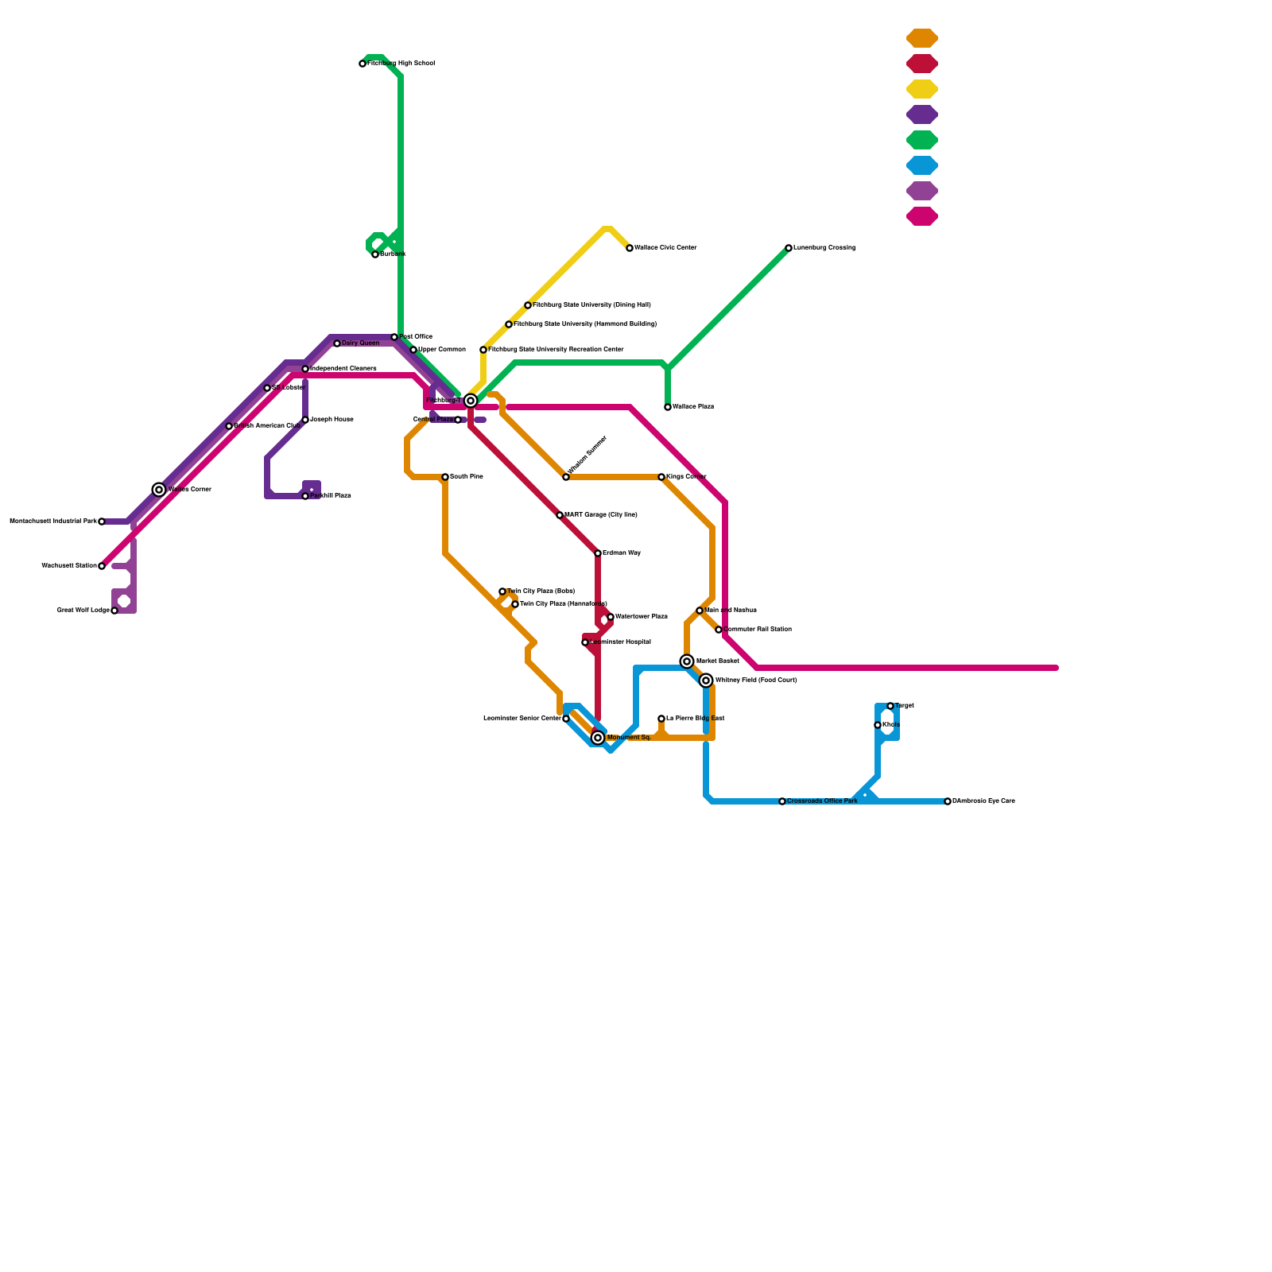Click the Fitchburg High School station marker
click(x=363, y=64)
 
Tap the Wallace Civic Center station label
click(x=665, y=248)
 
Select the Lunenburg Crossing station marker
click(x=789, y=248)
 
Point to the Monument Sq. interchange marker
click(x=598, y=738)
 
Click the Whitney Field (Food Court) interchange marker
click(x=706, y=681)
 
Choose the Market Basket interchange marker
click(x=687, y=661)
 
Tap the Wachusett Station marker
click(x=102, y=566)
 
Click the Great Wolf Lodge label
click(x=83, y=611)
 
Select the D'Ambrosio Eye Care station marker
click(x=948, y=801)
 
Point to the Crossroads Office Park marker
click(x=782, y=801)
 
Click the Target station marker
click(x=890, y=706)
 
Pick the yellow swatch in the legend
click(x=922, y=89)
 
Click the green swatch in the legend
click(x=922, y=140)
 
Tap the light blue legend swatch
click(x=922, y=165)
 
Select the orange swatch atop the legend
click(x=922, y=38)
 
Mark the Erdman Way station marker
click(x=598, y=553)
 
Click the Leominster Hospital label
click(x=620, y=642)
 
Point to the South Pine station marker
click(x=445, y=477)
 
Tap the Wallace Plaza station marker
click(x=668, y=407)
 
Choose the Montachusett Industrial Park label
click(x=52, y=522)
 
